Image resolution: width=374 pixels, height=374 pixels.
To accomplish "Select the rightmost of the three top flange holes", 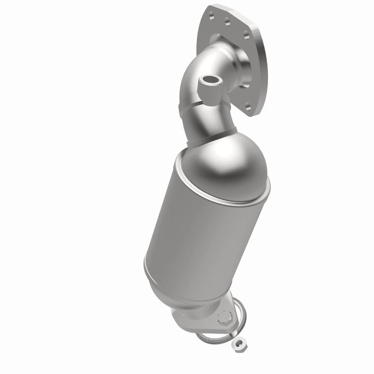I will click(242, 33).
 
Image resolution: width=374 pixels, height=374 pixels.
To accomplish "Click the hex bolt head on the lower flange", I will click(223, 315).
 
